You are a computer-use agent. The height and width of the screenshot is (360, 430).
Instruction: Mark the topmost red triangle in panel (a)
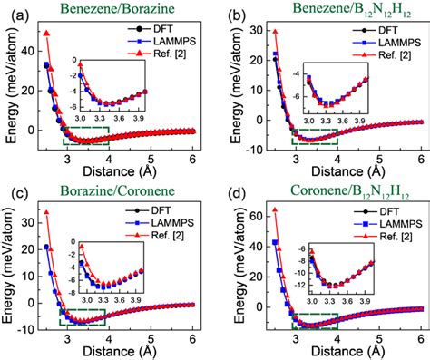click(x=47, y=34)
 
